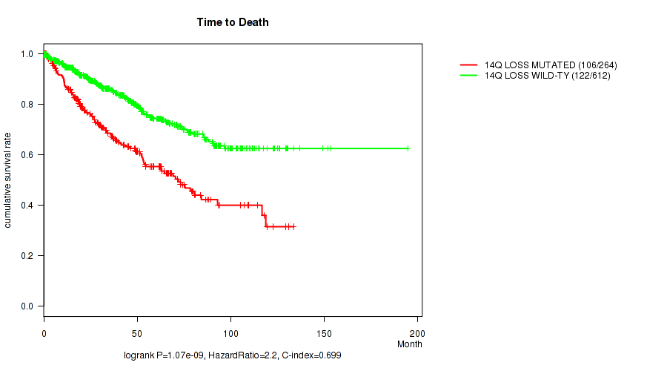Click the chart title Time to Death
pyautogui.click(x=233, y=22)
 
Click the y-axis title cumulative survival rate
pyautogui.click(x=8, y=180)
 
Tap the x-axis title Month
pyautogui.click(x=409, y=344)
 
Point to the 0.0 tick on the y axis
pyautogui.click(x=27, y=306)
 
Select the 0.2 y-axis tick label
pyautogui.click(x=27, y=256)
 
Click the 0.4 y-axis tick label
pyautogui.click(x=27, y=206)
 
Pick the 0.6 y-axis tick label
pyautogui.click(x=27, y=155)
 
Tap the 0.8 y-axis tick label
pyautogui.click(x=27, y=105)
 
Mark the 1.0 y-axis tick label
pyautogui.click(x=27, y=54)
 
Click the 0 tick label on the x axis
pyautogui.click(x=44, y=331)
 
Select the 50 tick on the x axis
pyautogui.click(x=137, y=331)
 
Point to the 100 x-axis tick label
pyautogui.click(x=230, y=331)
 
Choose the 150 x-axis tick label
pyautogui.click(x=324, y=331)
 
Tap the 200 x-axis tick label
pyautogui.click(x=417, y=331)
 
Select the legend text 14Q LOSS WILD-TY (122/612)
pyautogui.click(x=548, y=76)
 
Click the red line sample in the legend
pyautogui.click(x=468, y=65)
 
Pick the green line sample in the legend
pyautogui.click(x=468, y=76)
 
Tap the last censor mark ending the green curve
pyautogui.click(x=408, y=148)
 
